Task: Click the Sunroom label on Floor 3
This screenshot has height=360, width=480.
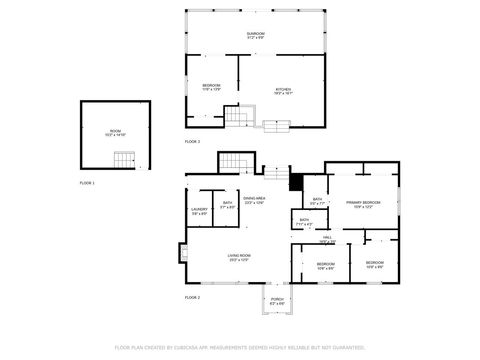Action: point(256,35)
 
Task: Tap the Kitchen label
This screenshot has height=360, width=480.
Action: point(283,91)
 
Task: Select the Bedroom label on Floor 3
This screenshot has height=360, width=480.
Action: point(211,87)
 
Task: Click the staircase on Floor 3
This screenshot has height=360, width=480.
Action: point(234,118)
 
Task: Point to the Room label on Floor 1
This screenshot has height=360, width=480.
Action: point(115,133)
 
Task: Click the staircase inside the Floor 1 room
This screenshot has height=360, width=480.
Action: point(123,159)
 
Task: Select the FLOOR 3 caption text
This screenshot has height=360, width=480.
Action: point(192,142)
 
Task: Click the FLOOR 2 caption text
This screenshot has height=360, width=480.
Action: point(192,298)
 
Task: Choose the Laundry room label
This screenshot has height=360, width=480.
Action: point(199,211)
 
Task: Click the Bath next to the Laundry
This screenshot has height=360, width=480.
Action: point(227,205)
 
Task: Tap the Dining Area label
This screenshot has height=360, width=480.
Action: point(253,200)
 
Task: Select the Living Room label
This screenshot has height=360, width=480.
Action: point(238,257)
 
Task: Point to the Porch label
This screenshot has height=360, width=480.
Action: point(277,301)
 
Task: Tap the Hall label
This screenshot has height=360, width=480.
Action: point(326,238)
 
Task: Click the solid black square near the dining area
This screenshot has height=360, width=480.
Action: point(294,182)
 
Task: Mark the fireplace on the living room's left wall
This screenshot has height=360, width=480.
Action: point(183,253)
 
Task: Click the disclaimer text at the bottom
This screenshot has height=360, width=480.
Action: point(239,347)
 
